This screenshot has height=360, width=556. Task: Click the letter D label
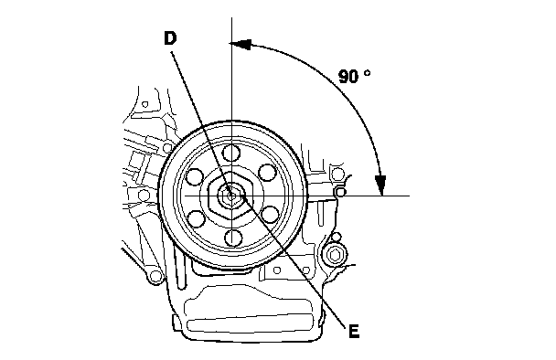point(170,38)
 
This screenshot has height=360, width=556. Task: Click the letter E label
point(354,332)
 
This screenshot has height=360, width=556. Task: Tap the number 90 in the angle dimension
point(349,77)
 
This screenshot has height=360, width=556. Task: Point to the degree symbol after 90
point(368,73)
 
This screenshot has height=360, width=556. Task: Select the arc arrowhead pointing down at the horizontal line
point(380,185)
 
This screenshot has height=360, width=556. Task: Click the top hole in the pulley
point(231,153)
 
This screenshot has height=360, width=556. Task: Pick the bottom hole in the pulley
point(232,238)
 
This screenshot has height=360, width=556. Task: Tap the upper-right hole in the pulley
point(267,173)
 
